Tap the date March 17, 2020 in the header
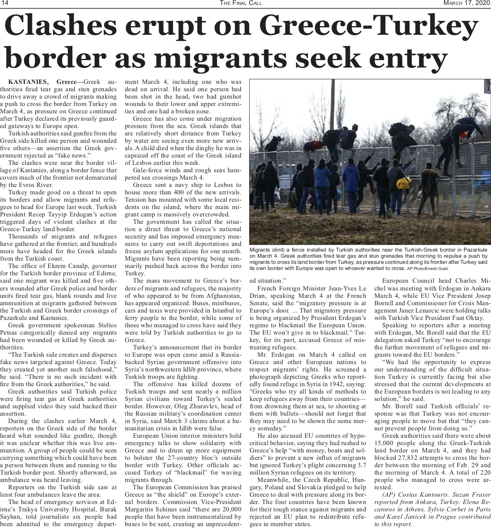pyautogui.click(x=467, y=3)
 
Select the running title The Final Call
pyautogui.click(x=241, y=3)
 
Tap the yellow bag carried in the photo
pyautogui.click(x=404, y=182)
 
